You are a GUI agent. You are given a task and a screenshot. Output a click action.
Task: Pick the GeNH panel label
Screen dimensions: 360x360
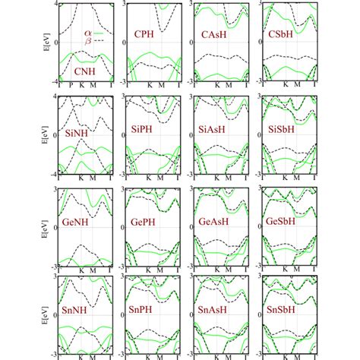coord(79,226)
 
